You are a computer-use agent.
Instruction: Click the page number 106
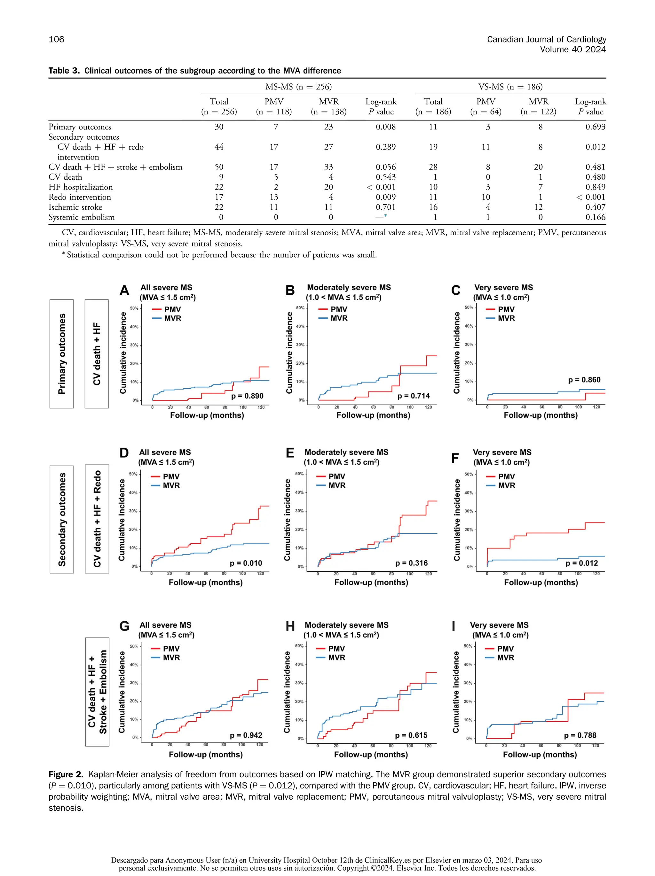(x=56, y=40)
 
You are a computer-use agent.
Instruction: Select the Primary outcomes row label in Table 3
(x=80, y=127)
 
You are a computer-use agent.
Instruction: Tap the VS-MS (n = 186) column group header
(x=510, y=87)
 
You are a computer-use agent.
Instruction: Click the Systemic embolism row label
(x=81, y=217)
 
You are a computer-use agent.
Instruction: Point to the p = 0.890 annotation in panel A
(x=247, y=396)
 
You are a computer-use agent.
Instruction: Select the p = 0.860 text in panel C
(x=584, y=380)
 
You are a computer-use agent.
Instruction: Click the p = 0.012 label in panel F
(x=581, y=563)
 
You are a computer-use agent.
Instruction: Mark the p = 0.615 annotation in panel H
(x=411, y=735)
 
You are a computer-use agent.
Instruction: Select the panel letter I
(x=453, y=626)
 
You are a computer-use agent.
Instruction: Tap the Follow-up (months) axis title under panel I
(x=540, y=755)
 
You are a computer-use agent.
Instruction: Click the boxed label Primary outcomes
(x=61, y=354)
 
